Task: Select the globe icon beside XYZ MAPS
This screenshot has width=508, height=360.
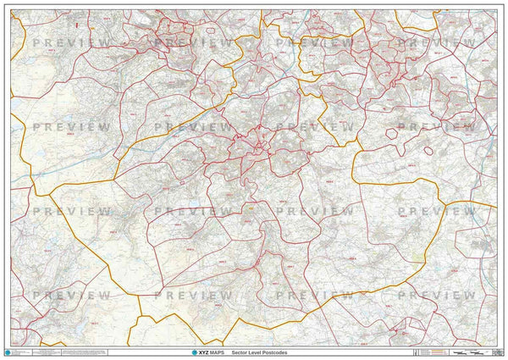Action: click(x=196, y=352)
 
